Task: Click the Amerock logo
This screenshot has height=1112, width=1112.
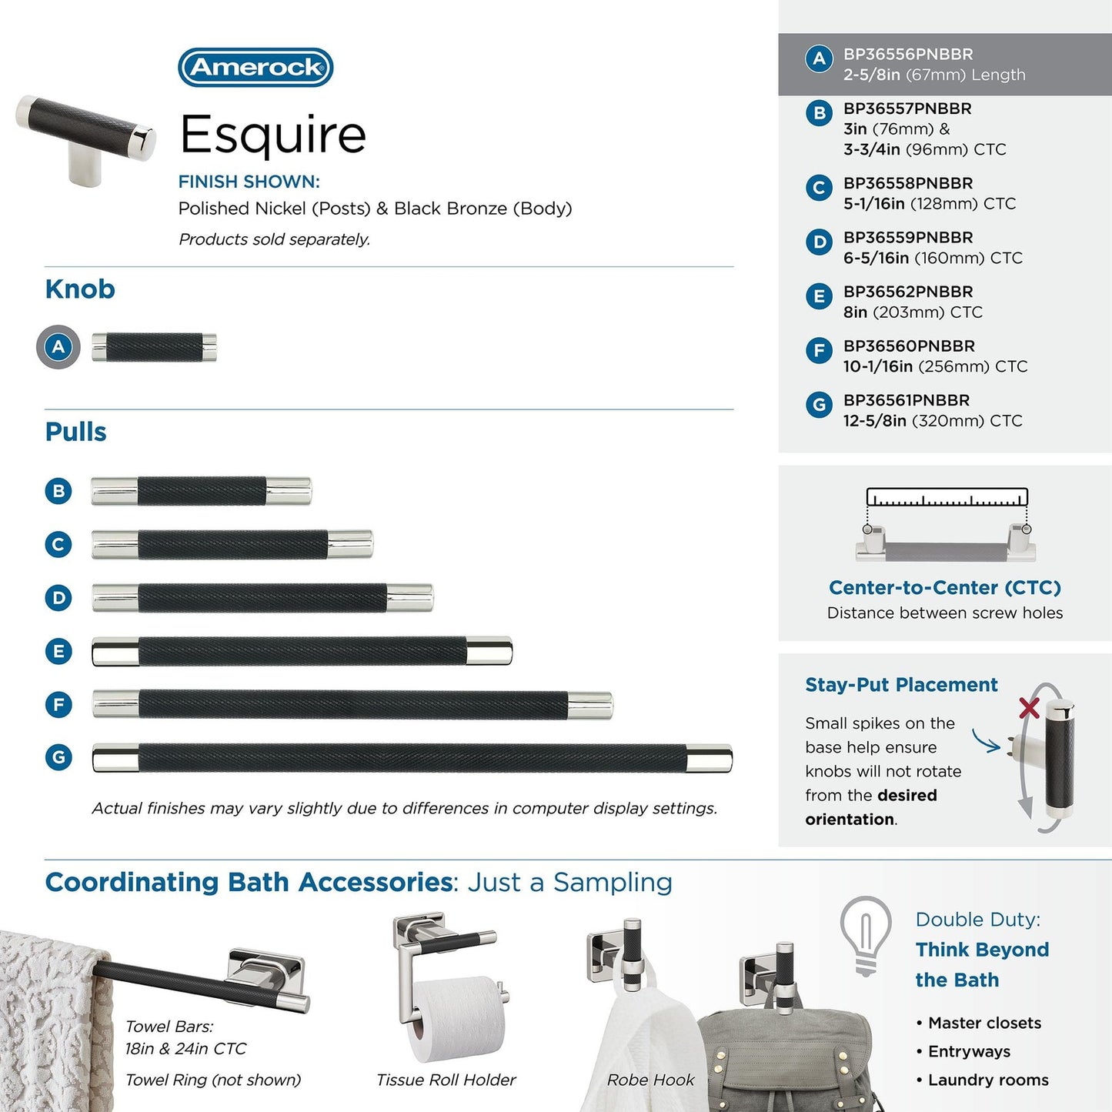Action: pyautogui.click(x=255, y=68)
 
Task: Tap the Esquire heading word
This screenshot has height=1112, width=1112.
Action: pyautogui.click(x=272, y=135)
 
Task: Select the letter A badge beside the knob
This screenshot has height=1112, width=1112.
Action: pyautogui.click(x=58, y=347)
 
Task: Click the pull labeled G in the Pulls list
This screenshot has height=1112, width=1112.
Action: pyautogui.click(x=412, y=758)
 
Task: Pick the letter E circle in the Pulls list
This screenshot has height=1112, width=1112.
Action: pyautogui.click(x=58, y=651)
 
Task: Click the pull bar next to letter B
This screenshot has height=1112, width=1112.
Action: pyautogui.click(x=201, y=491)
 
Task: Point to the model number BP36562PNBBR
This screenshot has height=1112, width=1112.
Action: pyautogui.click(x=908, y=292)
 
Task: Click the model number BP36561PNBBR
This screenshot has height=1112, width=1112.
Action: pyautogui.click(x=906, y=400)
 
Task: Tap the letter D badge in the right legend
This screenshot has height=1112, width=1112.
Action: pyautogui.click(x=819, y=242)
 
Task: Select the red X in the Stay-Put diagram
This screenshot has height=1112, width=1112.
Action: pyautogui.click(x=1029, y=707)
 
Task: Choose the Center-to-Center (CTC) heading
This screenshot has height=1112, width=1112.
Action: pyautogui.click(x=944, y=588)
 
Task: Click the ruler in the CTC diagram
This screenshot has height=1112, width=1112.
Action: pyautogui.click(x=947, y=497)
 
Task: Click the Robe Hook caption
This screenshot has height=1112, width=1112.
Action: pyautogui.click(x=650, y=1080)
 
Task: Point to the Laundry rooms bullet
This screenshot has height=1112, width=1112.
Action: pyautogui.click(x=987, y=1080)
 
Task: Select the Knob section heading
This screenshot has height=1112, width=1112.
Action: pyautogui.click(x=80, y=289)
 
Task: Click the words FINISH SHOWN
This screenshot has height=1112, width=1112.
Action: pyautogui.click(x=249, y=182)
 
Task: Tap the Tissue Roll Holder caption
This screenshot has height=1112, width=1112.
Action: pyautogui.click(x=446, y=1080)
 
